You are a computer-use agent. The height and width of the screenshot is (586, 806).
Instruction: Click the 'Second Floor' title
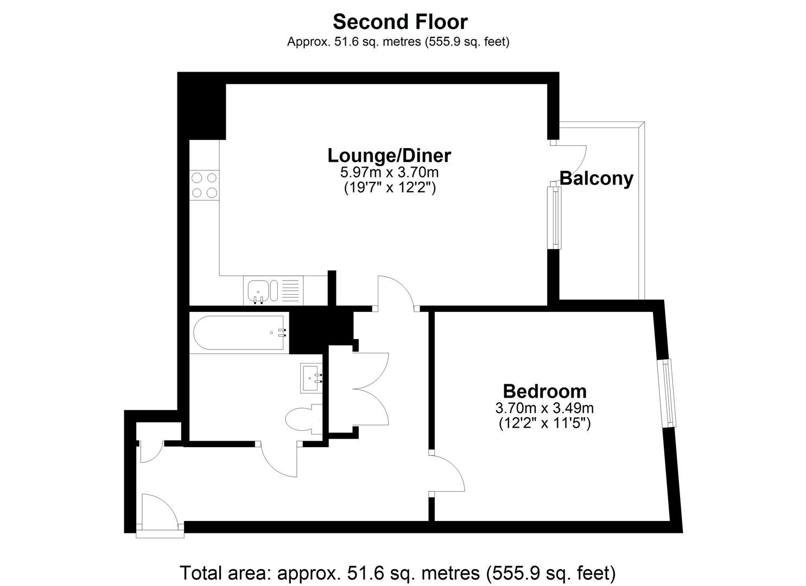click(400, 22)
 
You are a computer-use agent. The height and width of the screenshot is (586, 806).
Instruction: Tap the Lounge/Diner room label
click(389, 156)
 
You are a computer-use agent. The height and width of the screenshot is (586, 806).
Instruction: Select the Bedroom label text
click(544, 391)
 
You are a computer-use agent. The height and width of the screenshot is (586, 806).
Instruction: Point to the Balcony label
click(596, 179)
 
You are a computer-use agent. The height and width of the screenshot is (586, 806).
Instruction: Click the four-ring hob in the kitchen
click(205, 185)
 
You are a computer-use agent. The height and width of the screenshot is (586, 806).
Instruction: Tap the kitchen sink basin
click(258, 291)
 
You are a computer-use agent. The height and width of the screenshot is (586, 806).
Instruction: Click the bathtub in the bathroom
click(239, 333)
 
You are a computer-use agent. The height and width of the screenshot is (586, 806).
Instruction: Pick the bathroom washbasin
click(311, 378)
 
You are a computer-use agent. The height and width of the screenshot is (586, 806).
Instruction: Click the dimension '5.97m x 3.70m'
click(389, 173)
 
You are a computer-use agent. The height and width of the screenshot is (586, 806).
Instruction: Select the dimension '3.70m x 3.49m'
click(544, 408)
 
